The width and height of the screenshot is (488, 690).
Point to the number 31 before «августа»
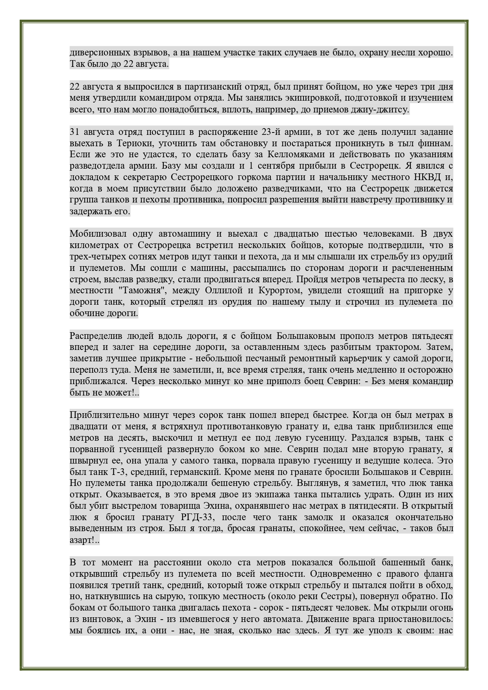(74, 132)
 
